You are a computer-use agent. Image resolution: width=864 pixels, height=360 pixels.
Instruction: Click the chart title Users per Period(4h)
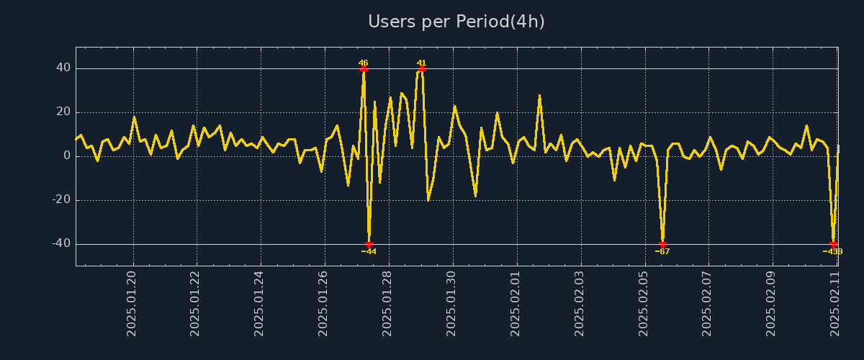pyautogui.click(x=456, y=22)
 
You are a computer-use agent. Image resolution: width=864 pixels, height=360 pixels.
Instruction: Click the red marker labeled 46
pyautogui.click(x=364, y=69)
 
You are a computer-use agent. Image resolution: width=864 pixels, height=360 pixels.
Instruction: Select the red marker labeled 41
pyautogui.click(x=422, y=69)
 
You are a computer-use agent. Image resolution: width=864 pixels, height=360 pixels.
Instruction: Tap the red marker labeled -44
pyautogui.click(x=369, y=244)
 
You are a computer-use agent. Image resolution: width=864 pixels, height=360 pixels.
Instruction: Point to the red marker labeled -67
pyautogui.click(x=662, y=244)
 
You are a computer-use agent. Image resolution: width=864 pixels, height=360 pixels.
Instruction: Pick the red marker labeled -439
pyautogui.click(x=833, y=244)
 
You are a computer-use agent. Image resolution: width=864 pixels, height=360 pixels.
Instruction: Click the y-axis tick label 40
pyautogui.click(x=63, y=68)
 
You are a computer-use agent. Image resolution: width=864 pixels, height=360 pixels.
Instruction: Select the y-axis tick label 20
pyautogui.click(x=63, y=112)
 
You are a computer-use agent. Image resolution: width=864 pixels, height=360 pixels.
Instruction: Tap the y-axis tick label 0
pyautogui.click(x=67, y=156)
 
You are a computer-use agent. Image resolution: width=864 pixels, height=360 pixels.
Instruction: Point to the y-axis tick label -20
pyautogui.click(x=61, y=200)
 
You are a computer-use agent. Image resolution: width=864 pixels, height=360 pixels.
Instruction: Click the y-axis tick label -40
pyautogui.click(x=61, y=244)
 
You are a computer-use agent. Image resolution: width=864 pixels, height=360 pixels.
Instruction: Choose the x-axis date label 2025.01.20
pyautogui.click(x=132, y=302)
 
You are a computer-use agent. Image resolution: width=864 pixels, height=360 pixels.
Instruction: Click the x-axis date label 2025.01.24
pyautogui.click(x=259, y=302)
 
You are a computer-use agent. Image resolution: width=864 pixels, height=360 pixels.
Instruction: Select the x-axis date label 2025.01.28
pyautogui.click(x=387, y=302)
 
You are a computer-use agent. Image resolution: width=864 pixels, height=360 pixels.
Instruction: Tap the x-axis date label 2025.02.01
pyautogui.click(x=516, y=302)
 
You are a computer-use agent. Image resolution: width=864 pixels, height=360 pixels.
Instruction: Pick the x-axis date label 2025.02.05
pyautogui.click(x=643, y=302)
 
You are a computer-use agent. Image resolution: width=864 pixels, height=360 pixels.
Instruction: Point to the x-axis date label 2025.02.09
pyautogui.click(x=771, y=302)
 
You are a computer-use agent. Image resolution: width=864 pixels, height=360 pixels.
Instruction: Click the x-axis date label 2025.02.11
pyautogui.click(x=835, y=302)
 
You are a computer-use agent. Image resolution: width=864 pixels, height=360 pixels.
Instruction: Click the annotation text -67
pyautogui.click(x=662, y=252)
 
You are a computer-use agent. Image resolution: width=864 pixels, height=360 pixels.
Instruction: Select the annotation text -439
pyautogui.click(x=833, y=252)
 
